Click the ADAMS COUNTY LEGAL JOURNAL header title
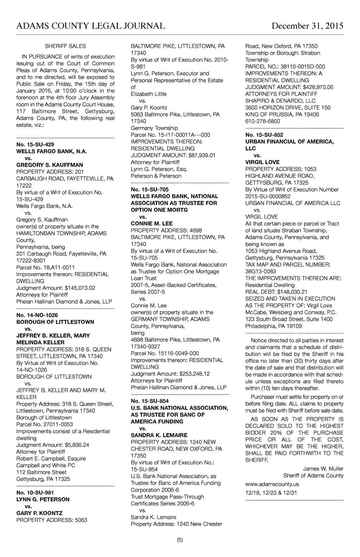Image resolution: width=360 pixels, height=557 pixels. point(91,26)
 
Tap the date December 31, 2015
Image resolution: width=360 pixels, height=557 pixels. point(307,26)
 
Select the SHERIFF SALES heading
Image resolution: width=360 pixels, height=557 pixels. point(65,46)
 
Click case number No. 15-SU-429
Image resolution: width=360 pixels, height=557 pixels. point(35,144)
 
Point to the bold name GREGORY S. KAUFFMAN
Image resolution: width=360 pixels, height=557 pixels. point(50,165)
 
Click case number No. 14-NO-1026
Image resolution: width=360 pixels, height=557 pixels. point(37,315)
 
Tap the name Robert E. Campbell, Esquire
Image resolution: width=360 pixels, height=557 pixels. point(51,458)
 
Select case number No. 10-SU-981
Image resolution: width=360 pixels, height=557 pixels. point(35,493)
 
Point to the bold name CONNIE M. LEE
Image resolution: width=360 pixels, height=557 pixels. point(152,223)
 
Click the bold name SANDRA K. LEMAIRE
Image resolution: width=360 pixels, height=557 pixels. point(159,435)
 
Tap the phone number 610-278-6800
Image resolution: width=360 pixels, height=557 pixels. point(263,121)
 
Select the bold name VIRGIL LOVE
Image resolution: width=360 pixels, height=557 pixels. point(262,162)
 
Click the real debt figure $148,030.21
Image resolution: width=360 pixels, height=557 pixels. point(292,292)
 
